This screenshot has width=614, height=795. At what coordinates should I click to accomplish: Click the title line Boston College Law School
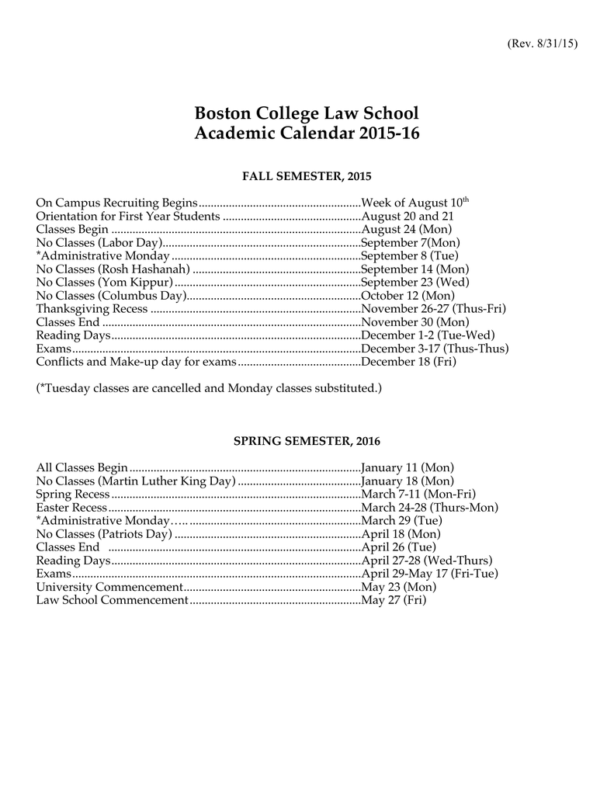coord(307,113)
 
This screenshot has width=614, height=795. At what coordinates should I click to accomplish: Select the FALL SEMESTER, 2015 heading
coord(307,177)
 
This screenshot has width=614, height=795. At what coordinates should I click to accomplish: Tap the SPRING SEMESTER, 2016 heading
coord(307,441)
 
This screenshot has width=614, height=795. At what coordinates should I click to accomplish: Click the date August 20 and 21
coord(408,216)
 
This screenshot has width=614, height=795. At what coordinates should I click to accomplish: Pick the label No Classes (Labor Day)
coord(99,243)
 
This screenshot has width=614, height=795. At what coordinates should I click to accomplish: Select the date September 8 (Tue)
coord(411,256)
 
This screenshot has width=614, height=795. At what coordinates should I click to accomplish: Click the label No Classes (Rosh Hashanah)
coord(113,269)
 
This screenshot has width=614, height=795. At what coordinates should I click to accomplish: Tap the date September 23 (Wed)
coord(415,283)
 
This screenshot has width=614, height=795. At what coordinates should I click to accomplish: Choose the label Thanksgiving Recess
coord(92,309)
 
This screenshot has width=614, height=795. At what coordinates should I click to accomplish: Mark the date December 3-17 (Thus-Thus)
coord(435,349)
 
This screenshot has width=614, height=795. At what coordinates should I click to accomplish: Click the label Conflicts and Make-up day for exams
coord(135,362)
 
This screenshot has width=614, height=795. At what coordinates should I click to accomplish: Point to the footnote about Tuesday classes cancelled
coord(209,387)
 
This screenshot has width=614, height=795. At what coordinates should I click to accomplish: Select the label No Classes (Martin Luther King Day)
coord(135,481)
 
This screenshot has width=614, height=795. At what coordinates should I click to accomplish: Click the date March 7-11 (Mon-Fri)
coord(419,494)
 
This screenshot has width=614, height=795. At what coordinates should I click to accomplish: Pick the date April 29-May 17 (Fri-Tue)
coord(430,573)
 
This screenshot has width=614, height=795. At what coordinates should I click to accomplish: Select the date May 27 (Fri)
coord(394,600)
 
